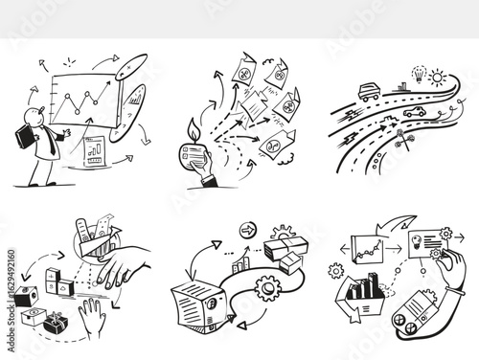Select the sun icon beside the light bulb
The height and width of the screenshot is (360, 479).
point(438,76)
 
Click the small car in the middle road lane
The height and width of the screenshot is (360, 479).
point(414,112)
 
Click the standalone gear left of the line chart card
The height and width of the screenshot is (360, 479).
point(336,271)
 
